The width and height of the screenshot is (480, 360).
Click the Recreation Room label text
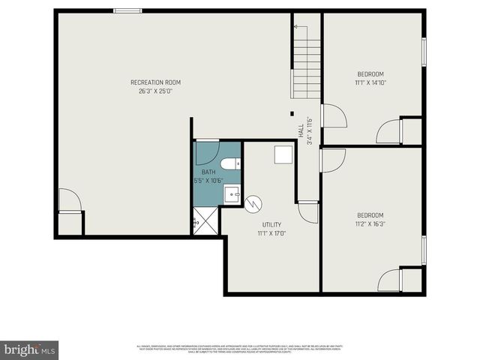155,82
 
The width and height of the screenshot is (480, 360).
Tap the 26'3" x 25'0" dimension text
155,91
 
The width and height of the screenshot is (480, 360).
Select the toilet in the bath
229,163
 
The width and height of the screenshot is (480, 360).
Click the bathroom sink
232,195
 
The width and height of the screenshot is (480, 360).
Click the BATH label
208,172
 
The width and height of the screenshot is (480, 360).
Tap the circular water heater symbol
253,202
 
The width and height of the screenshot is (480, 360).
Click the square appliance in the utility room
282,154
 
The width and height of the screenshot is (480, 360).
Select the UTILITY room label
271,224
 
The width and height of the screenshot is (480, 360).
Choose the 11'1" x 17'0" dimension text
271,233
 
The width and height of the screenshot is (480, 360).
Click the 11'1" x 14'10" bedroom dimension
370,82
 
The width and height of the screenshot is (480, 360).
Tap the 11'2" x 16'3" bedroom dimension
370,223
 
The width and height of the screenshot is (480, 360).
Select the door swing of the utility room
308,211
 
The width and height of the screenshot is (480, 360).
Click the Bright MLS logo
29,349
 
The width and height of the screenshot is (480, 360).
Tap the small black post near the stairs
292,115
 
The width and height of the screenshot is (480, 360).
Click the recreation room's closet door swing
69,199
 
